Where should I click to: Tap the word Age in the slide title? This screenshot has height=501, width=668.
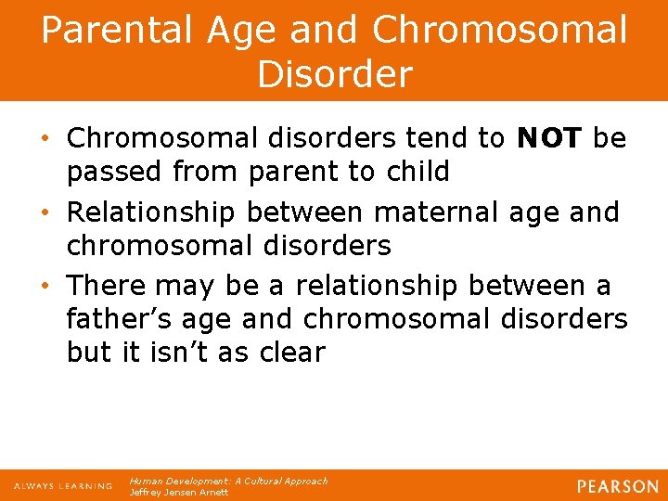pyautogui.click(x=250, y=31)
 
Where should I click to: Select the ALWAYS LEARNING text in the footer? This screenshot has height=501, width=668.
pyautogui.click(x=62, y=486)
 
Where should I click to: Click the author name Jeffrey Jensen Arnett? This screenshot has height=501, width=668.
pyautogui.click(x=179, y=493)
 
